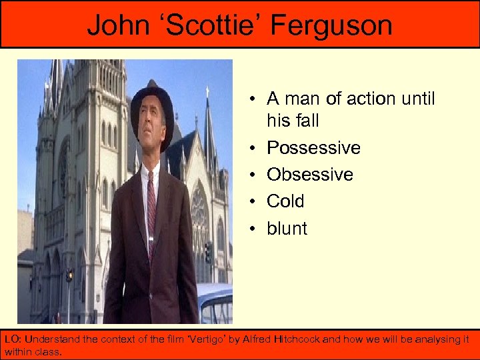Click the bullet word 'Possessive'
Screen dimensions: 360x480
point(313,147)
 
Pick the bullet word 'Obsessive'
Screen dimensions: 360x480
point(310,175)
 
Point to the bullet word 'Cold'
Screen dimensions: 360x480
point(285,201)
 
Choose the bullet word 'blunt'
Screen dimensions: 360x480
point(287,228)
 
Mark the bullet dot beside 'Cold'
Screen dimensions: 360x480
point(255,202)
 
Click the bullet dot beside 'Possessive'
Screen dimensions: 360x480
point(255,148)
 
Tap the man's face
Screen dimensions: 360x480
point(153,140)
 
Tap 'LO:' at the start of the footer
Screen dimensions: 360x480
point(13,339)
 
